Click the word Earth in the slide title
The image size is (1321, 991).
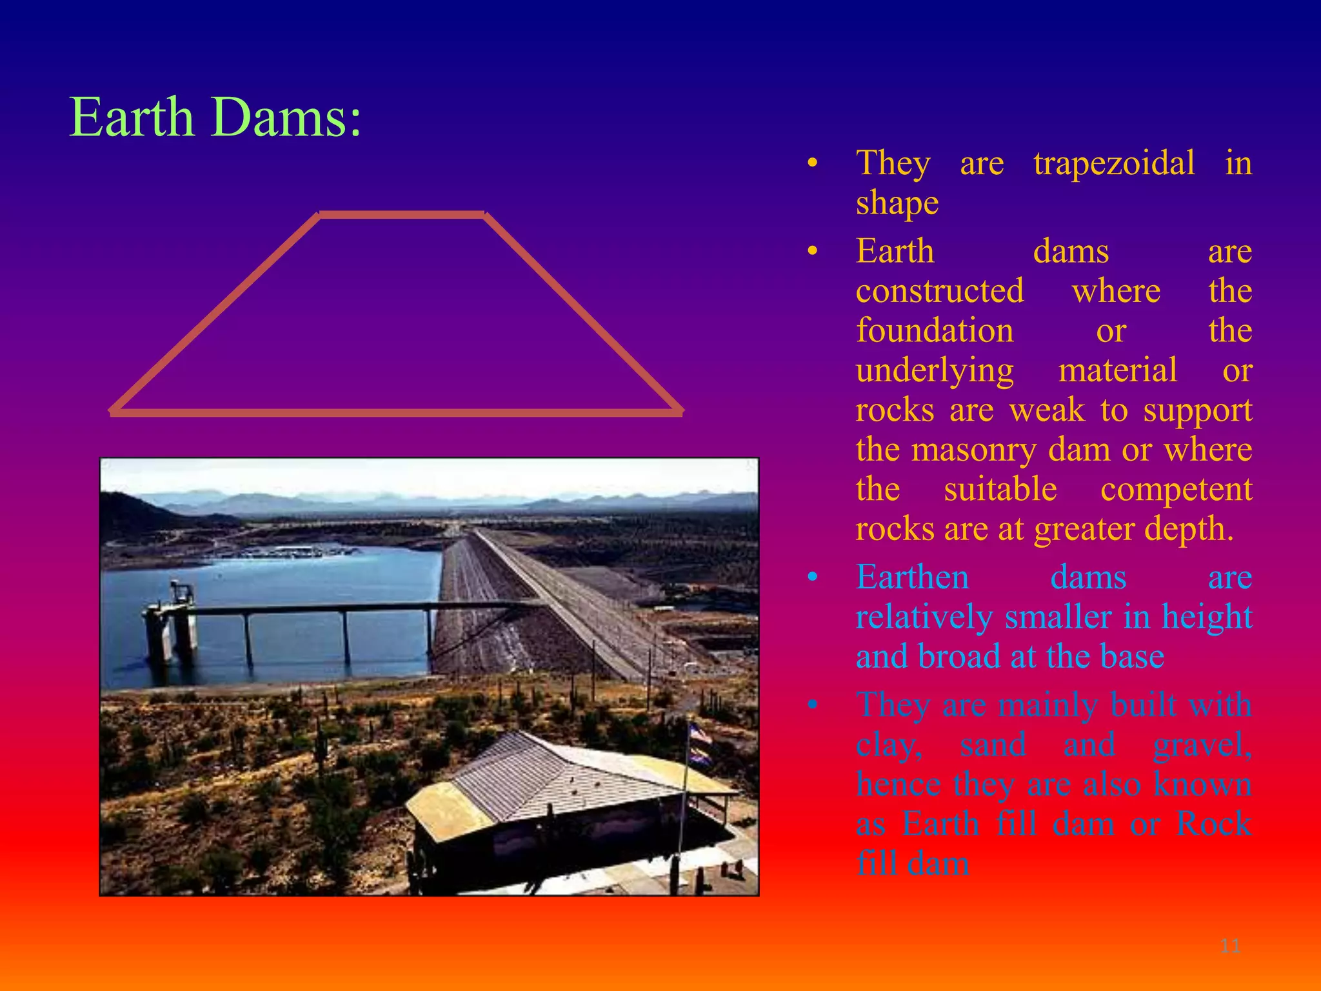pos(132,117)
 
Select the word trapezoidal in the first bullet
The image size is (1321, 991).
pos(1113,163)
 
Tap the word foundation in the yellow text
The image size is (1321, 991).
pos(934,330)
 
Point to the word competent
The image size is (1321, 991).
pos(1175,489)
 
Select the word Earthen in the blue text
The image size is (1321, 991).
pos(912,577)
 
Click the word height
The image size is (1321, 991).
pos(1206,617)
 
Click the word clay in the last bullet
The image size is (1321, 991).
pos(888,746)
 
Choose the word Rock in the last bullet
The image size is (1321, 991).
pos(1213,824)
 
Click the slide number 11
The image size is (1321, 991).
pos(1230,946)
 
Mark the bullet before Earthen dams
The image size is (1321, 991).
pos(813,577)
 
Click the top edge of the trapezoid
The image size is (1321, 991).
pos(402,214)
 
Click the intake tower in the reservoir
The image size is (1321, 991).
pos(172,619)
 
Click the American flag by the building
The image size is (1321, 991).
pos(699,736)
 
